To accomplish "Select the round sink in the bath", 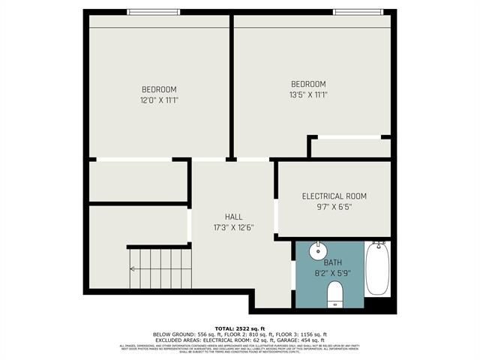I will point(318,250).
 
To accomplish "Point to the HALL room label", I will point(234,216).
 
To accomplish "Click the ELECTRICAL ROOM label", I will point(334,196).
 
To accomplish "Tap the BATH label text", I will point(332,263).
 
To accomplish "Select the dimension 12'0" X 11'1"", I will point(158,100).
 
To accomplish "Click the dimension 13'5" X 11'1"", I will point(308,94).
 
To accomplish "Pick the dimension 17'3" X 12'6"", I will point(234,227).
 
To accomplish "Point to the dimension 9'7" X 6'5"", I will point(334,208).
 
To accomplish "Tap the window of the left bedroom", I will point(153,12).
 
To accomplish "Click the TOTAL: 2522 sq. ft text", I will point(240,328).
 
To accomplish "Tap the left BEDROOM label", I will point(158,89).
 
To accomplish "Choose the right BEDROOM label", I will point(308,83).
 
